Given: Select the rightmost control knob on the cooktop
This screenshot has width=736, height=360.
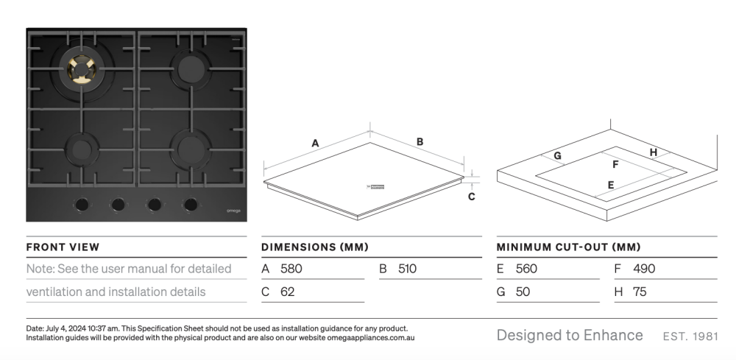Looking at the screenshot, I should pyautogui.click(x=191, y=204).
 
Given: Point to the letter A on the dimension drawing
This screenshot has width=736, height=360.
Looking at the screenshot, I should pyautogui.click(x=315, y=143).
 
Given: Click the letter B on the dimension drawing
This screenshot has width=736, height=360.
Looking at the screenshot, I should pyautogui.click(x=420, y=141).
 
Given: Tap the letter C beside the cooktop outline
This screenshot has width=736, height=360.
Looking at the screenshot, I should pyautogui.click(x=472, y=197).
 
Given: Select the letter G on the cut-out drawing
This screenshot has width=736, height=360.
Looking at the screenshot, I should pyautogui.click(x=557, y=156).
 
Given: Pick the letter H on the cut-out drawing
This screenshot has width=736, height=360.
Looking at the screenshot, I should pyautogui.click(x=653, y=152).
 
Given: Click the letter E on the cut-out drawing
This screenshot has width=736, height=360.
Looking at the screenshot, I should pyautogui.click(x=610, y=185).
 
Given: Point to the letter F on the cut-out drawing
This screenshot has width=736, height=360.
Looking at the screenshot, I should pyautogui.click(x=615, y=165).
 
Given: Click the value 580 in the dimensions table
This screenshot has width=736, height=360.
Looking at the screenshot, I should pyautogui.click(x=291, y=269).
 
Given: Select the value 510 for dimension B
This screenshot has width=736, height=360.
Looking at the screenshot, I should pyautogui.click(x=407, y=269).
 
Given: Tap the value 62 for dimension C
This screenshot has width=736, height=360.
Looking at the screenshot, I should pyautogui.click(x=288, y=292).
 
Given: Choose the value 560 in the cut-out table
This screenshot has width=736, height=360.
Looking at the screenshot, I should pyautogui.click(x=526, y=269).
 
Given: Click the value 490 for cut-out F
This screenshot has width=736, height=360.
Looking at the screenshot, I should pyautogui.click(x=643, y=269).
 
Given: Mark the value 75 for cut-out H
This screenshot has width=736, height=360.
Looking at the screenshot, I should pyautogui.click(x=640, y=292).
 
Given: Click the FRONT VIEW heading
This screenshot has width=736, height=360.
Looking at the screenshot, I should pyautogui.click(x=63, y=247).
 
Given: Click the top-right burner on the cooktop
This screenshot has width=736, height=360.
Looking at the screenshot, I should pyautogui.click(x=186, y=70).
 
